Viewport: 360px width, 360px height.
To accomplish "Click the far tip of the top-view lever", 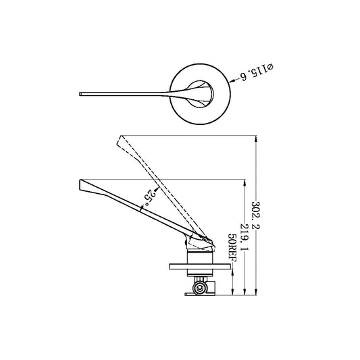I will (x=82, y=92).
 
